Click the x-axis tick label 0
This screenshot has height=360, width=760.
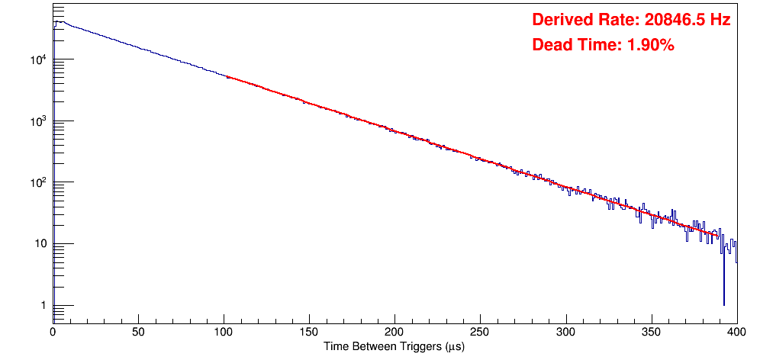(x=53, y=333)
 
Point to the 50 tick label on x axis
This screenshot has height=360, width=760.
(x=139, y=333)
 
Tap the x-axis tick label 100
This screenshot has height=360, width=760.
(x=224, y=333)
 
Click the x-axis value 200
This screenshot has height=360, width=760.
(x=395, y=333)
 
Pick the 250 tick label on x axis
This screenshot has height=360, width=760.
(x=480, y=333)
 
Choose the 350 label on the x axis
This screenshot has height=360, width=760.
(x=652, y=333)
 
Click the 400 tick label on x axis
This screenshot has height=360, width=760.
(x=737, y=333)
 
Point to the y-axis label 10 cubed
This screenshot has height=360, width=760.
(x=38, y=121)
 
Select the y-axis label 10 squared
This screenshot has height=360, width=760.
(x=38, y=182)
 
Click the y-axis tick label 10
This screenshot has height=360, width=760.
(x=40, y=244)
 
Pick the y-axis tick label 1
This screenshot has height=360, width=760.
(x=43, y=306)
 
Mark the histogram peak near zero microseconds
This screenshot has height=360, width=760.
(x=58, y=22)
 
